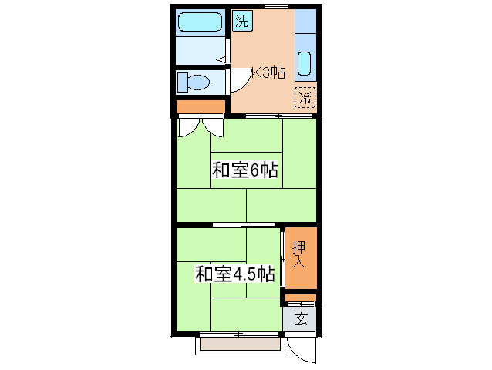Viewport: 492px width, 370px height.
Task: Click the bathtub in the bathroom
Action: coord(200,22)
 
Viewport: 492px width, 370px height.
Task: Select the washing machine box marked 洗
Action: coord(242,21)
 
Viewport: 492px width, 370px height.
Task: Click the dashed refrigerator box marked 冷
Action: coord(305,98)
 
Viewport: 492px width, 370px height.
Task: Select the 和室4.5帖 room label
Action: coord(234,274)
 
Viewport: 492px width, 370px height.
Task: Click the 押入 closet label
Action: coord(300,254)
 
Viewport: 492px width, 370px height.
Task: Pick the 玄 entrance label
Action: coord(301,319)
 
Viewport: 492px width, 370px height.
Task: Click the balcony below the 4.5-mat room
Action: coord(238,345)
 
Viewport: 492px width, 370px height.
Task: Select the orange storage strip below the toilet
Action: coord(201,106)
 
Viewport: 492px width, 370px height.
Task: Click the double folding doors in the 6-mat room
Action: coord(200,126)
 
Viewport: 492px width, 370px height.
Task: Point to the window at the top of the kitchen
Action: coord(276,6)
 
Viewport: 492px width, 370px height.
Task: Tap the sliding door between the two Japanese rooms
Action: coord(244,224)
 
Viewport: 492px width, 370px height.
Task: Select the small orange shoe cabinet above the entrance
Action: coord(301,298)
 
